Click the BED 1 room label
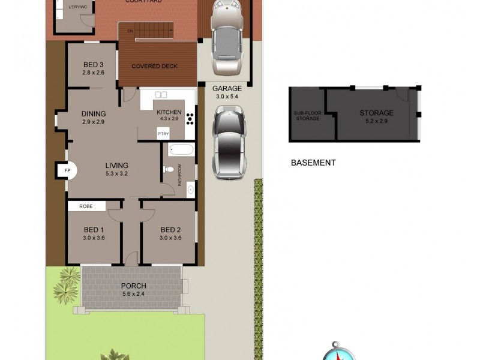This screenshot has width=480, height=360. click(x=94, y=230)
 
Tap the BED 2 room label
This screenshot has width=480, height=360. click(x=170, y=230)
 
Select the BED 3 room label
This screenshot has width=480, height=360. click(x=94, y=65)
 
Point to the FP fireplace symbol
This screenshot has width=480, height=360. click(x=67, y=171)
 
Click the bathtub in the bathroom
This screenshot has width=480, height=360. click(x=181, y=150)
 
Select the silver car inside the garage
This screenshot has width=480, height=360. click(x=227, y=39)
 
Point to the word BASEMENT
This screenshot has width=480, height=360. click(x=313, y=163)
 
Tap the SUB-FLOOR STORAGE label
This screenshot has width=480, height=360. click(x=307, y=115)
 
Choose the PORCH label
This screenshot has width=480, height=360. click(x=133, y=286)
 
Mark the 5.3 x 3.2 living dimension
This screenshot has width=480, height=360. click(x=116, y=174)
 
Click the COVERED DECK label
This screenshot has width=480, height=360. click(x=154, y=66)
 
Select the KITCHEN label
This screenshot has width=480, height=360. click(x=169, y=112)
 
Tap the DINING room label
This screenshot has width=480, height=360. click(x=94, y=113)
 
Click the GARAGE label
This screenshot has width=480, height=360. click(x=227, y=88)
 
